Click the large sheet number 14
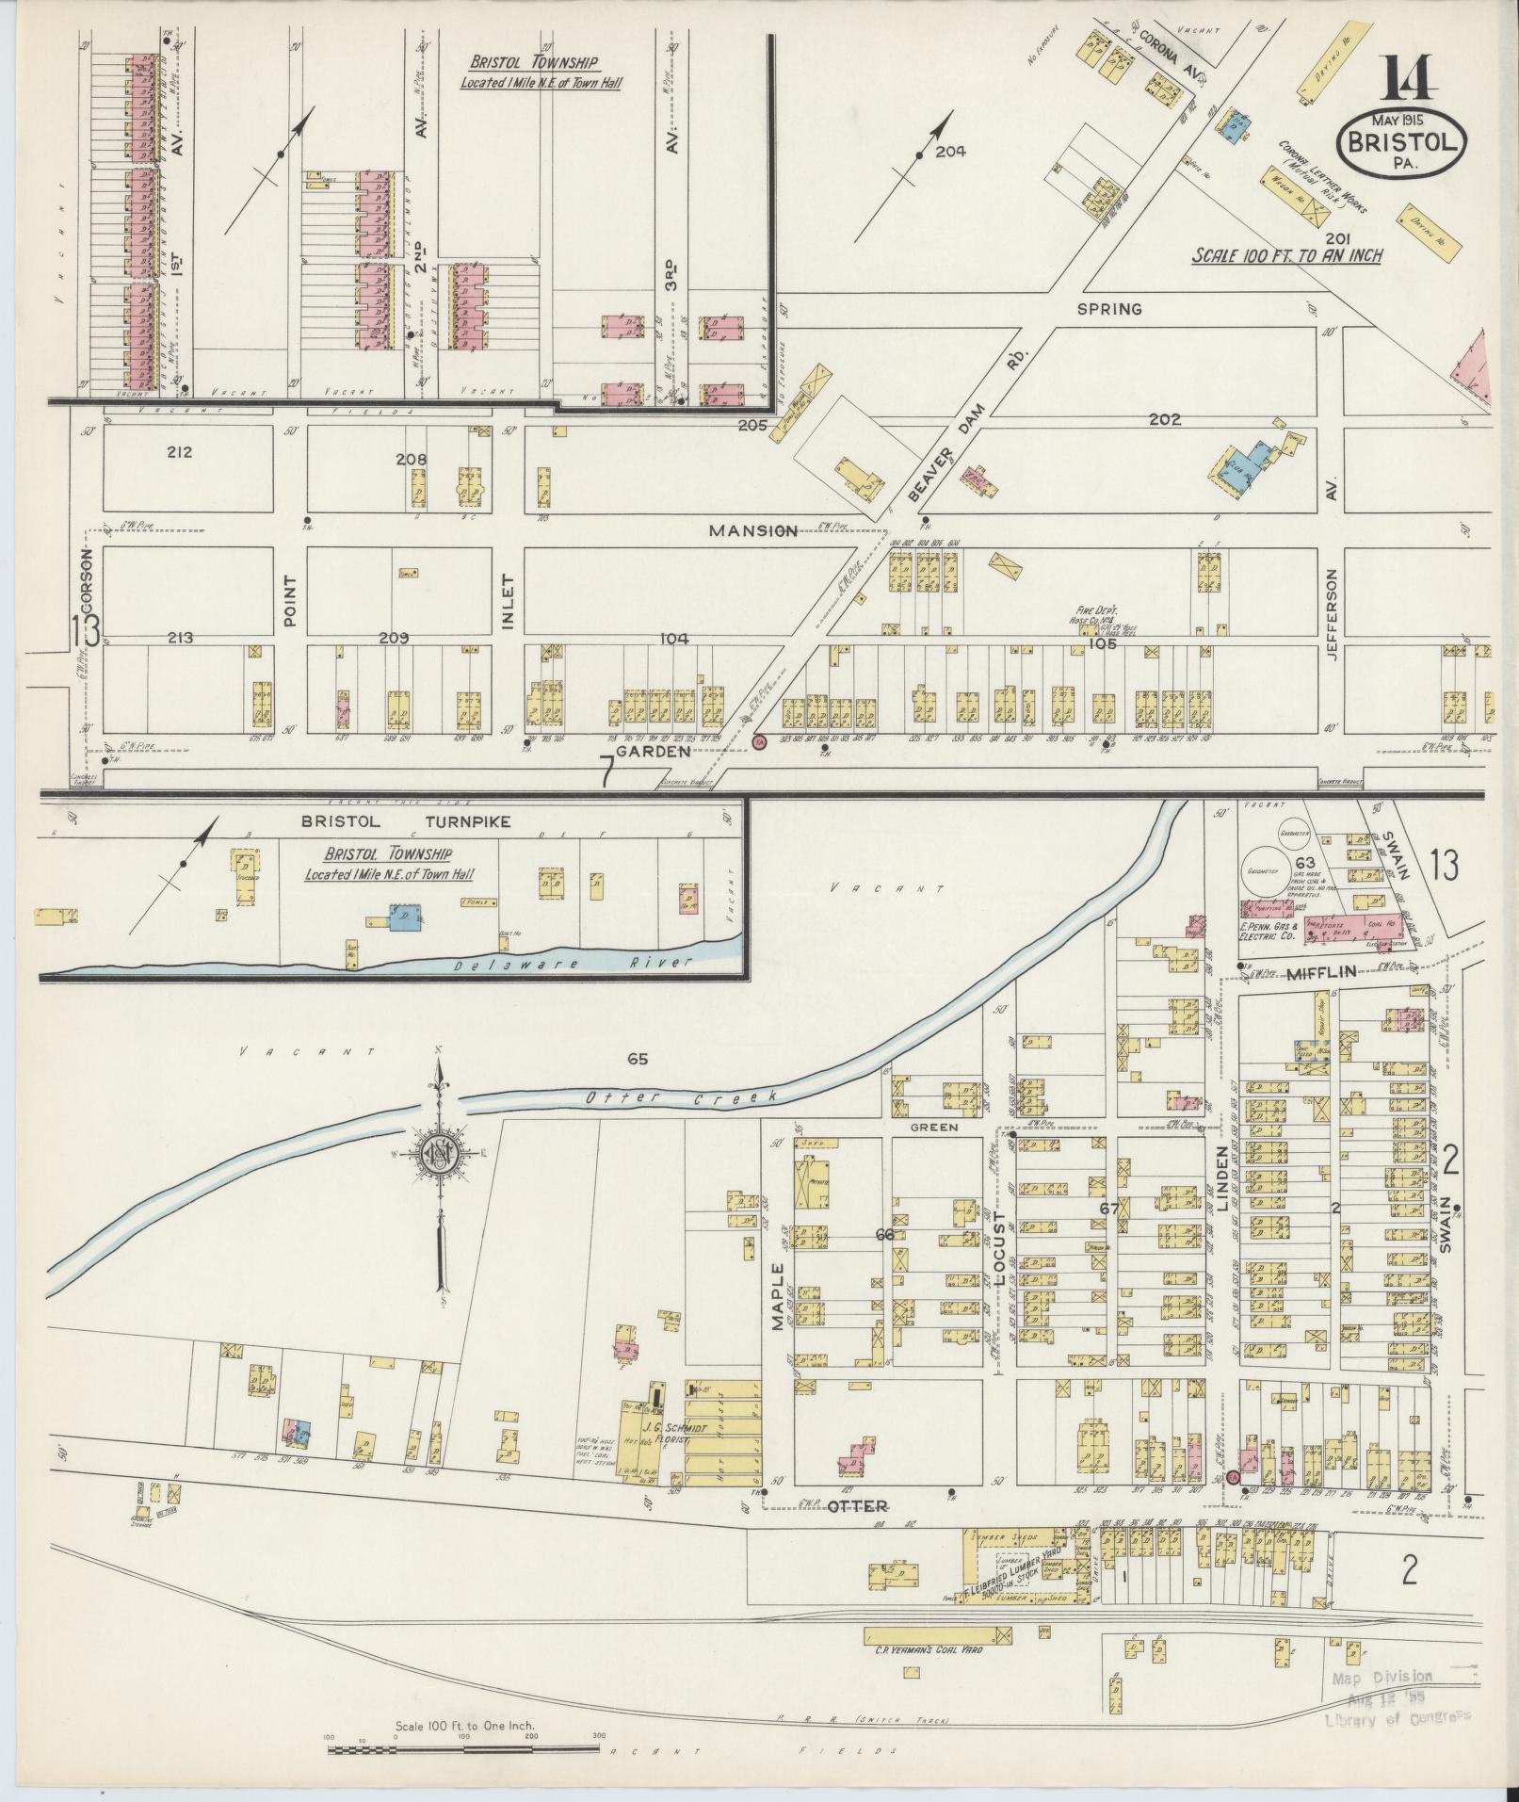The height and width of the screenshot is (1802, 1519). pyautogui.click(x=1410, y=79)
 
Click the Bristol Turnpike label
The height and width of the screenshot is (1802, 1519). pyautogui.click(x=405, y=821)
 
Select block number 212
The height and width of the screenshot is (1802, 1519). pyautogui.click(x=180, y=452)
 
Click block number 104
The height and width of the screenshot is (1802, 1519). pyautogui.click(x=673, y=639)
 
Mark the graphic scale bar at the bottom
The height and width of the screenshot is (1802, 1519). pyautogui.click(x=464, y=1750)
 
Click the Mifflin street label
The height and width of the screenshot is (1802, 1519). pyautogui.click(x=1322, y=973)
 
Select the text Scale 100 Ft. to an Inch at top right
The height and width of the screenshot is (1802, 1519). pyautogui.click(x=1287, y=255)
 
